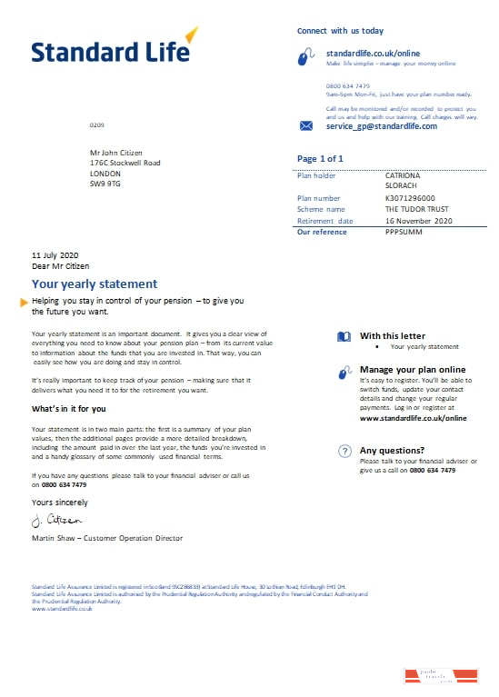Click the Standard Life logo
tap(113, 48)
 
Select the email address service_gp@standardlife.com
tap(381, 126)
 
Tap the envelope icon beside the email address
tap(306, 126)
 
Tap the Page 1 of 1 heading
tap(320, 159)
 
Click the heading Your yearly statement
tap(95, 284)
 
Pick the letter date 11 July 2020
tap(55, 254)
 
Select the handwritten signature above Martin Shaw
tap(56, 520)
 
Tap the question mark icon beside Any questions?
tap(344, 451)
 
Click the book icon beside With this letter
tap(344, 336)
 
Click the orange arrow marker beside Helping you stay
tap(25, 302)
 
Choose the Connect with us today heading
tap(340, 31)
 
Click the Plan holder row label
tap(316, 174)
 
